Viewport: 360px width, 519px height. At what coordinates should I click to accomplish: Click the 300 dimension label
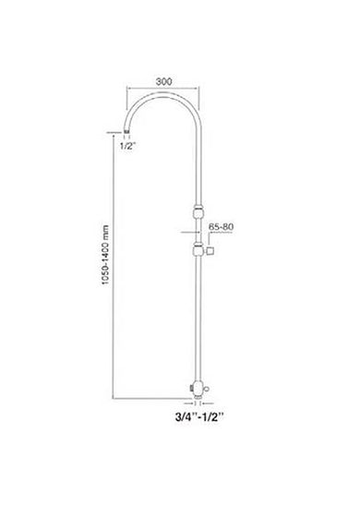[163, 81]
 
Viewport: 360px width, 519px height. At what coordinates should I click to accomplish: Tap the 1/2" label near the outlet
[127, 146]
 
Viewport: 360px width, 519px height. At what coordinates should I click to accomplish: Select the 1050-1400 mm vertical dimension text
[105, 255]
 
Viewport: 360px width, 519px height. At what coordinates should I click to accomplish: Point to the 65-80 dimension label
[221, 227]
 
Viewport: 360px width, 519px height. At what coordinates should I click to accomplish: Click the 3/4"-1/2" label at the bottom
[199, 416]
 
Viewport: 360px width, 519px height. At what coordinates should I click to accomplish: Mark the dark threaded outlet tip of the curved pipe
[126, 131]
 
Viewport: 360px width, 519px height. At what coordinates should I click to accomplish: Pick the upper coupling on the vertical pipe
[198, 211]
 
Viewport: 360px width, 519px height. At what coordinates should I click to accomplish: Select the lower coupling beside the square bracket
[198, 250]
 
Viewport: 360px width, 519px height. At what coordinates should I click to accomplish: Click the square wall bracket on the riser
[210, 251]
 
